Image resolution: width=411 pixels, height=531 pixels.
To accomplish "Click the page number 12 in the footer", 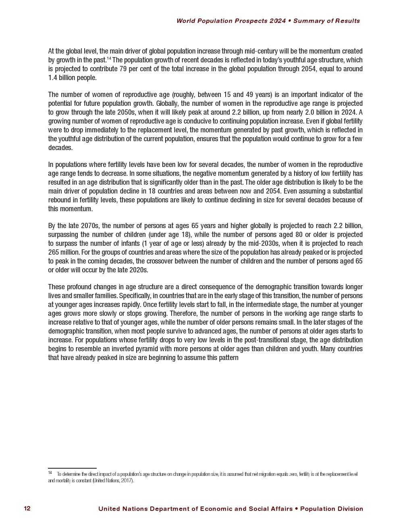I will point(27,508).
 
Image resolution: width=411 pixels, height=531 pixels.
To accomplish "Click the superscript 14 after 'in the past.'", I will point(109,59).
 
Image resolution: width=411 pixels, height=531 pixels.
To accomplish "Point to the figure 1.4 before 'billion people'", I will point(52,78).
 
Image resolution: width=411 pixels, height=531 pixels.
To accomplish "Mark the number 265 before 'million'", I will point(53,252).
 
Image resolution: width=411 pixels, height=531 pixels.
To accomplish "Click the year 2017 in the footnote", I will point(126,480).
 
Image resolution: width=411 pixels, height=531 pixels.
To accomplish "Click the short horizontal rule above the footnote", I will point(72,468).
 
